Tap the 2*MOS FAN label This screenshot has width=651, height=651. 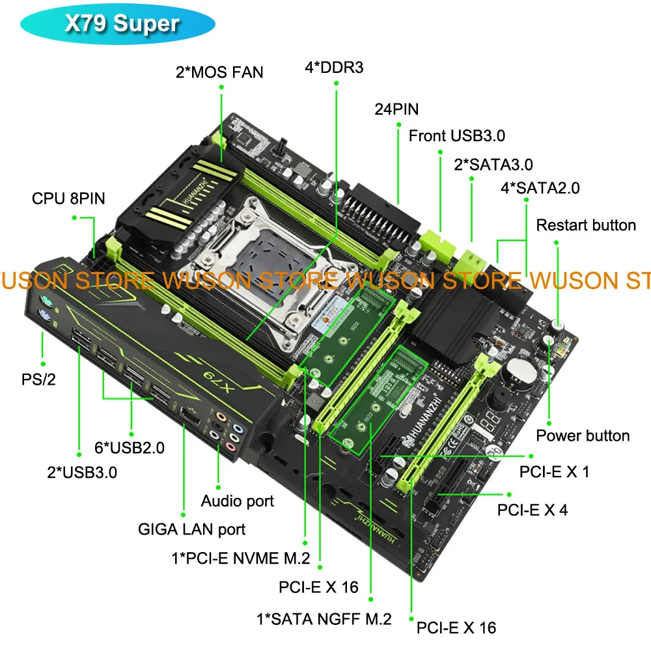[219, 71]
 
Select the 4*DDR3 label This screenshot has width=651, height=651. [334, 67]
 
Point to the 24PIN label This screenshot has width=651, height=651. [396, 109]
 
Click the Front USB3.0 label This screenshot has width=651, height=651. [457, 135]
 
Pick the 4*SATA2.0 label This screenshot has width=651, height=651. [540, 188]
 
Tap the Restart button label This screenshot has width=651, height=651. [586, 225]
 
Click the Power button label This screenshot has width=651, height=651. [583, 436]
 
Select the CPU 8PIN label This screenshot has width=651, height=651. [68, 197]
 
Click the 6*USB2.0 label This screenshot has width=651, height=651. [130, 447]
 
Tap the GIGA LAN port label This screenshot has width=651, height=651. [191, 529]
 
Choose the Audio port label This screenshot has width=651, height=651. [237, 501]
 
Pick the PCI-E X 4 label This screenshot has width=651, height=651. [532, 510]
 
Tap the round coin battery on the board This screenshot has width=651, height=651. [520, 368]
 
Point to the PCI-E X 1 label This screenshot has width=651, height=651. [554, 471]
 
